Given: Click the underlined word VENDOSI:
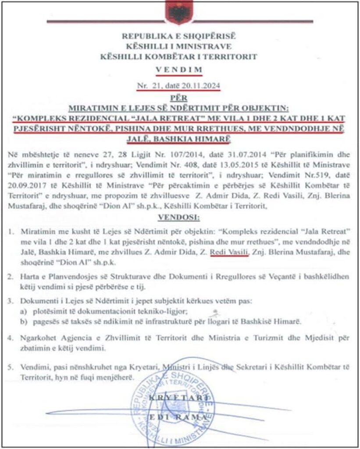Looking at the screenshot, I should click(180, 217).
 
